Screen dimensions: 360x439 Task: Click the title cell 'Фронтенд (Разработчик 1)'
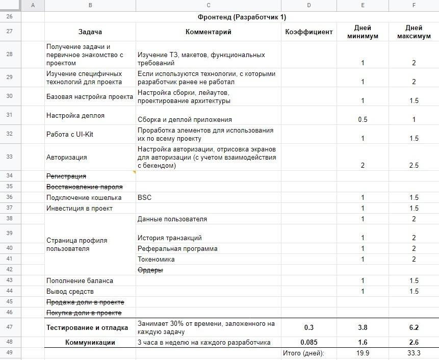pyautogui.click(x=242, y=17)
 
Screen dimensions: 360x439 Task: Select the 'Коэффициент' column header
pyautogui.click(x=309, y=32)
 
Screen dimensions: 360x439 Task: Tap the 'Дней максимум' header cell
pyautogui.click(x=414, y=32)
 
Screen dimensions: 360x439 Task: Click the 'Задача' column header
pyautogui.click(x=90, y=32)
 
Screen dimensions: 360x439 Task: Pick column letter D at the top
pyautogui.click(x=309, y=5)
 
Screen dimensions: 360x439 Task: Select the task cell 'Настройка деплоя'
pyautogui.click(x=75, y=116)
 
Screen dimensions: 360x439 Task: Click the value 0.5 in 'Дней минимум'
pyautogui.click(x=363, y=119)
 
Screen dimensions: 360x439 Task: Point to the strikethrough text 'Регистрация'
pyautogui.click(x=66, y=176)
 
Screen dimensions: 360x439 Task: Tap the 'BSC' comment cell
pyautogui.click(x=145, y=197)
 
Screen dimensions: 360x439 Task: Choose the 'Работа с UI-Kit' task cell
pyautogui.click(x=70, y=134)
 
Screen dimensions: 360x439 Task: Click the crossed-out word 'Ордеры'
pyautogui.click(x=150, y=270)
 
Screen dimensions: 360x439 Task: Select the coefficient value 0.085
pyautogui.click(x=309, y=342)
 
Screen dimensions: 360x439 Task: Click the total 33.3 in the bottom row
pyautogui.click(x=414, y=353)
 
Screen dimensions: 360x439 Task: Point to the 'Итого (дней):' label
pyautogui.click(x=303, y=353)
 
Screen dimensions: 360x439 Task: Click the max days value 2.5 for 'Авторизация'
pyautogui.click(x=414, y=165)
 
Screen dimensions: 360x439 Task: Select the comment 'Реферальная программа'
pyautogui.click(x=177, y=248)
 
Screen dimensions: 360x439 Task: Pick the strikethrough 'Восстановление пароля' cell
pyautogui.click(x=85, y=187)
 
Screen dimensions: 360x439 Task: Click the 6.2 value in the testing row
pyautogui.click(x=414, y=327)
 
